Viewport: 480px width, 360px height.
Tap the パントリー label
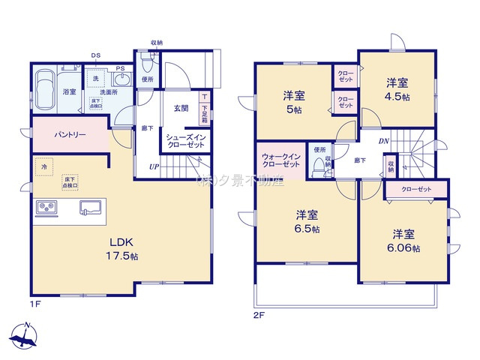click(69, 135)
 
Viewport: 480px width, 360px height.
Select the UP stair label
click(153, 166)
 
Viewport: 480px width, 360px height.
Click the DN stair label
click(383, 140)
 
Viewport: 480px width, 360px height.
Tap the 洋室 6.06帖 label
click(403, 241)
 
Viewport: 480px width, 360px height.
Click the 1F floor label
click(35, 305)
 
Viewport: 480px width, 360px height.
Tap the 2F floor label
click(259, 316)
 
